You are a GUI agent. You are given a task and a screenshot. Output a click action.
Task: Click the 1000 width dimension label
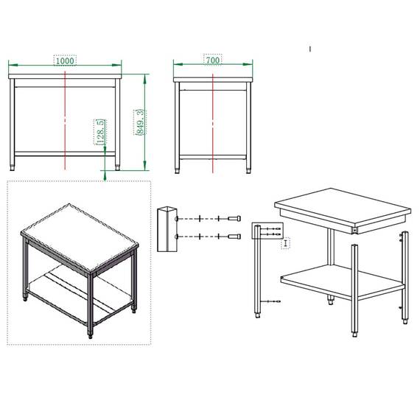[x=66, y=61]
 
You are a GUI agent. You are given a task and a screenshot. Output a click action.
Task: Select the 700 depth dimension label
[x=213, y=61]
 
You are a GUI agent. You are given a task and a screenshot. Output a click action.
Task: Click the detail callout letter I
[x=286, y=242]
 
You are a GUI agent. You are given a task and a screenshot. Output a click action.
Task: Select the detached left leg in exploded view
[x=256, y=273]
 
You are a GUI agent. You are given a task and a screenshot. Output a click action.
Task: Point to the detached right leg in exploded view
[x=402, y=276]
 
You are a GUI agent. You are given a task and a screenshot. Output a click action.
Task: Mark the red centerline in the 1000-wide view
[x=66, y=118]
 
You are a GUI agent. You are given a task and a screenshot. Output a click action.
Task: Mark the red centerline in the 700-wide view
[x=213, y=118]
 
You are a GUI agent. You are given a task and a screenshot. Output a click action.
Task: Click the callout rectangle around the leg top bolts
[x=265, y=231]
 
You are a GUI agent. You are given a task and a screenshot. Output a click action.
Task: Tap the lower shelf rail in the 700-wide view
[x=213, y=156]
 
